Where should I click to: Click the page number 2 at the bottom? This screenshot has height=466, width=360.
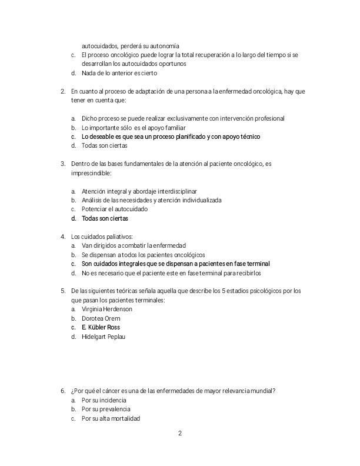[180, 434]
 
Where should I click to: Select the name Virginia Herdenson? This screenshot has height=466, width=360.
[107, 309]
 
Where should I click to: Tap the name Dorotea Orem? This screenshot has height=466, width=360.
[101, 318]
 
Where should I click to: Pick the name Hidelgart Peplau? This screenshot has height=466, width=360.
[104, 337]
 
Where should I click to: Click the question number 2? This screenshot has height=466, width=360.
[62, 91]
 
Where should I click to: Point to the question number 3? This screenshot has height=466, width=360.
[62, 164]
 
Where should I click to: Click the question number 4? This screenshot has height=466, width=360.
[62, 236]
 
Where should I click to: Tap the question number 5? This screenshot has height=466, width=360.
[62, 291]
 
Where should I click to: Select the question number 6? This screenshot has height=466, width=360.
[62, 391]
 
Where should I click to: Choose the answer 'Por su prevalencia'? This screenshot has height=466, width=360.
[106, 409]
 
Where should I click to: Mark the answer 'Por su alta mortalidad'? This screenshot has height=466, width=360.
[111, 418]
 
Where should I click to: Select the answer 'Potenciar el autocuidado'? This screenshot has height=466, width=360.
[115, 209]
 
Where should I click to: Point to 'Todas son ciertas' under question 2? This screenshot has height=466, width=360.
[104, 145]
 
